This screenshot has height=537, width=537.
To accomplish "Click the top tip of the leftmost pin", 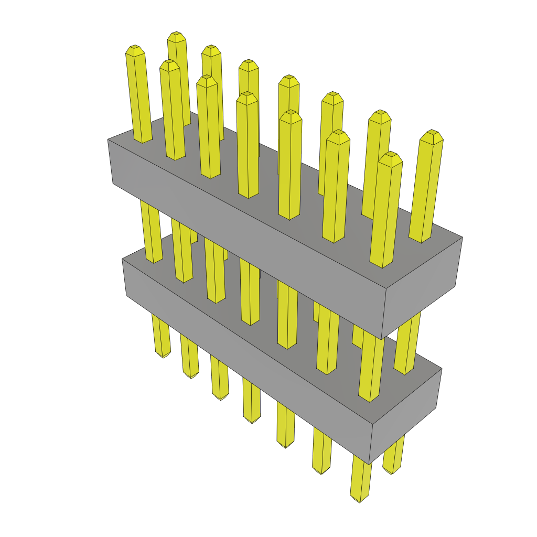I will [x=135, y=48].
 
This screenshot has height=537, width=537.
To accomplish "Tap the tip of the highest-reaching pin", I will [x=177, y=34].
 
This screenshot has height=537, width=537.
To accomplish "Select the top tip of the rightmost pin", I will [x=432, y=133].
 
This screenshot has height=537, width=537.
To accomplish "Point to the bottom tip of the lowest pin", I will [x=360, y=500].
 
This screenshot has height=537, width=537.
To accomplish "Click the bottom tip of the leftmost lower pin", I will [x=164, y=356].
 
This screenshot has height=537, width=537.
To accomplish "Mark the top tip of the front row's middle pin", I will [x=248, y=95].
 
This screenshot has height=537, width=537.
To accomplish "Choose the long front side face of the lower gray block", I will [x=246, y=362].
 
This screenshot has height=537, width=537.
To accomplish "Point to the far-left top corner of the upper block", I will [x=108, y=139].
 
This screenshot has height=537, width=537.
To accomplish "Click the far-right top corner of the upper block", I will [x=462, y=237].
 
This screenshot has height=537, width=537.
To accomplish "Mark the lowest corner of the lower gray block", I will [x=369, y=464].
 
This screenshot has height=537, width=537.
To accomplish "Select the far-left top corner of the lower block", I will [x=122, y=259].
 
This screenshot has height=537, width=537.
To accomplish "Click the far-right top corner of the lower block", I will [x=442, y=369].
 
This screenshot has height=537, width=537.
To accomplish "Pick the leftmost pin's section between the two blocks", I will [x=151, y=231].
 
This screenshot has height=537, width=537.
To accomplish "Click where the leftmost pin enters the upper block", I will [x=143, y=141].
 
